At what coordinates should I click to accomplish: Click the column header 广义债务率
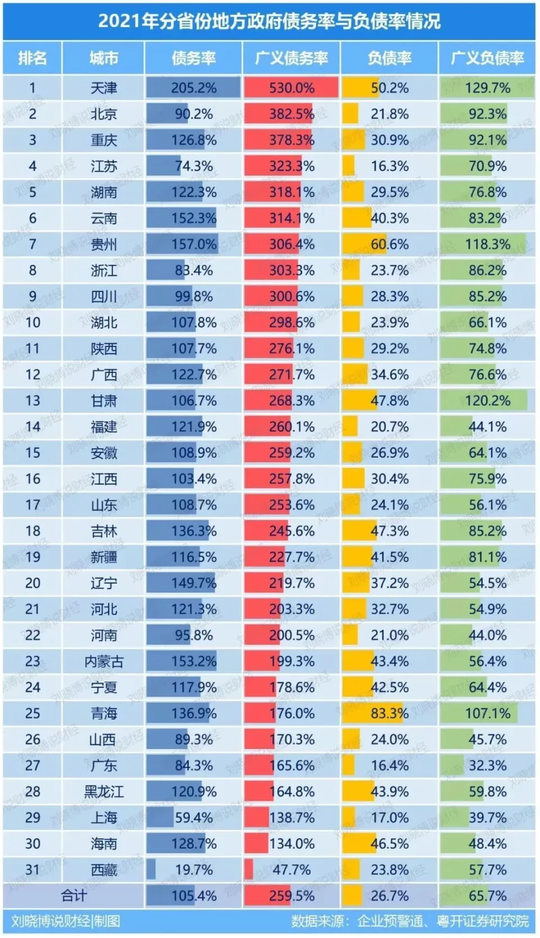(x=291, y=58)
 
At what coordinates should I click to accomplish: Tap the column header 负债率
(x=389, y=58)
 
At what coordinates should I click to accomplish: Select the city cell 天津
(x=104, y=88)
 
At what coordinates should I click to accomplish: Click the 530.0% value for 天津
(x=291, y=88)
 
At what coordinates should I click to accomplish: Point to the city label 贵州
(x=104, y=245)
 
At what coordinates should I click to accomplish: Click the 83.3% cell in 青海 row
(x=389, y=714)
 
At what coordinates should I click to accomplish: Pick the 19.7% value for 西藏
(x=193, y=870)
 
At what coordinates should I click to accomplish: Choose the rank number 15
(x=33, y=453)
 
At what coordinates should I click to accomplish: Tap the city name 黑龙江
(x=104, y=792)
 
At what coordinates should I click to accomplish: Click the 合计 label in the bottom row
(x=74, y=895)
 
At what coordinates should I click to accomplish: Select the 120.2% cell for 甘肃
(x=487, y=401)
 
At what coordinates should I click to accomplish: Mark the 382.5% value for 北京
(x=291, y=114)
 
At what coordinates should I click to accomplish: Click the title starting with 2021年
(x=269, y=21)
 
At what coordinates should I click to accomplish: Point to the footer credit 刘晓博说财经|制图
(x=66, y=921)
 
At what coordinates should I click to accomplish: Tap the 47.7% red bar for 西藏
(x=249, y=870)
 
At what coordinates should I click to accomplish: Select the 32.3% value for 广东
(x=487, y=765)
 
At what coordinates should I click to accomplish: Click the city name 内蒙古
(x=104, y=661)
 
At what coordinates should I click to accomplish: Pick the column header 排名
(x=33, y=58)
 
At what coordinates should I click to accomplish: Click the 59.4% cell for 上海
(x=193, y=818)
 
